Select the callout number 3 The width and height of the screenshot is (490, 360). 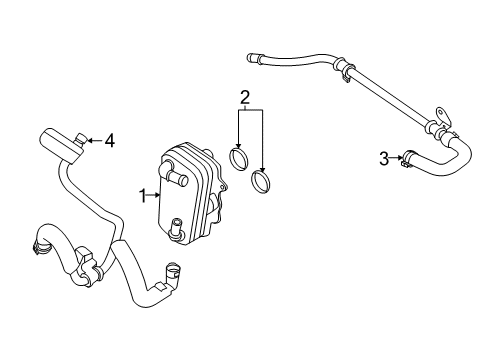click(x=383, y=156)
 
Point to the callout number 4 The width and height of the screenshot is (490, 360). click(x=109, y=141)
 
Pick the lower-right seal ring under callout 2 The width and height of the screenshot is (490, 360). click(x=264, y=182)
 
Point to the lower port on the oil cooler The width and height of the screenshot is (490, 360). click(x=176, y=229)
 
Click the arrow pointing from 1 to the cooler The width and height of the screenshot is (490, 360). click(x=153, y=194)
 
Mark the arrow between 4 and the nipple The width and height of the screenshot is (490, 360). click(x=96, y=140)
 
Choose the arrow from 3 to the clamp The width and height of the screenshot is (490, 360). click(x=396, y=156)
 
